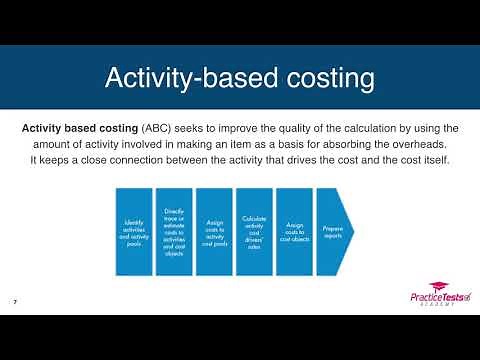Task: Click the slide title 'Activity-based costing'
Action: (x=240, y=77)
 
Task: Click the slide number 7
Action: (x=15, y=301)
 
